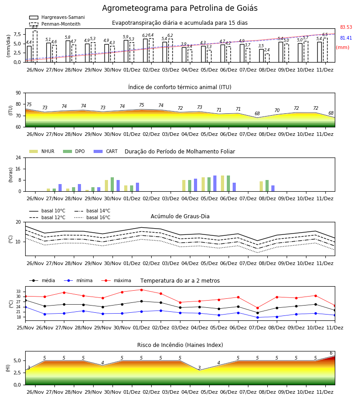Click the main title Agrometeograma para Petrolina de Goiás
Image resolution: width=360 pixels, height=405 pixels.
click(180, 8)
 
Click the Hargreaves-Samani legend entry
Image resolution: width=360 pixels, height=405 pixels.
click(57, 17)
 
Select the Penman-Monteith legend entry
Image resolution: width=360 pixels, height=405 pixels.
click(55, 24)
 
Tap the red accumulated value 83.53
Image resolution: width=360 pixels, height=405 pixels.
click(346, 27)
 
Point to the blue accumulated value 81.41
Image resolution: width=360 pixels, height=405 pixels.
click(346, 38)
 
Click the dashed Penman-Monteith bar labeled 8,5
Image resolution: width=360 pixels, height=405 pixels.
click(35, 46)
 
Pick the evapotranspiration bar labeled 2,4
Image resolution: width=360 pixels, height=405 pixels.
click(267, 58)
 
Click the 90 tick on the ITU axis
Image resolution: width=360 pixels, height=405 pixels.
click(18, 93)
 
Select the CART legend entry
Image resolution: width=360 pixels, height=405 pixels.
click(106, 151)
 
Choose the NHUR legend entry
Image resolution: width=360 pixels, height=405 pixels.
click(42, 151)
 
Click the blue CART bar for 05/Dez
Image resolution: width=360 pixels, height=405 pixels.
click(215, 184)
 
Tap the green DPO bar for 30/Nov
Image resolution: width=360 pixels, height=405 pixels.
click(112, 184)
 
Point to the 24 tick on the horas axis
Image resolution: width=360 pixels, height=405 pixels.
click(18, 157)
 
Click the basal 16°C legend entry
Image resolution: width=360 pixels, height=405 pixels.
click(92, 217)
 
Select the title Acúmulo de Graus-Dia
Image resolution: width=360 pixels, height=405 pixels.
click(180, 216)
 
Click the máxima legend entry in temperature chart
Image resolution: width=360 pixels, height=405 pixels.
click(117, 280)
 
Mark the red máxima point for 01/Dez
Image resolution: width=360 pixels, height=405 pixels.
click(141, 290)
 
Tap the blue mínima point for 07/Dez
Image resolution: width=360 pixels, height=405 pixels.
click(257, 317)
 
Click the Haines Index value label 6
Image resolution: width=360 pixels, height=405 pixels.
click(331, 353)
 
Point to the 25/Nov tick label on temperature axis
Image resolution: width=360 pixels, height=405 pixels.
click(25, 328)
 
